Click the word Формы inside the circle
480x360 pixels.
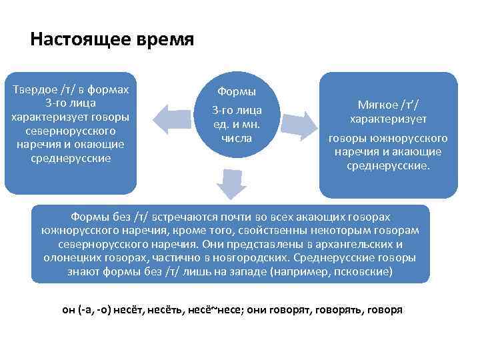[237, 91]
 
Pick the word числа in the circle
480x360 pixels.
[237, 137]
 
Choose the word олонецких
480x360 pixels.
[74, 258]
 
